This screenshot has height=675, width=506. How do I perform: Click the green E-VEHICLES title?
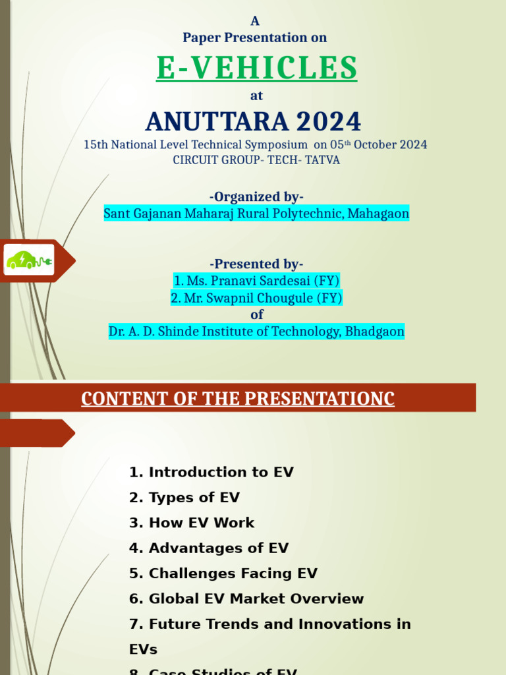click(256, 67)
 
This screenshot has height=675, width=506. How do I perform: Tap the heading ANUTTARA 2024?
click(254, 121)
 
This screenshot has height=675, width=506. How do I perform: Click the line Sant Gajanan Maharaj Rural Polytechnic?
click(256, 214)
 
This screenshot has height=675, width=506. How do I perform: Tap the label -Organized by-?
click(256, 196)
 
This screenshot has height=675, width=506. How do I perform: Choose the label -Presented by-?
click(256, 264)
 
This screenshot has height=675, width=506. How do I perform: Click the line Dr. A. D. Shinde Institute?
click(256, 332)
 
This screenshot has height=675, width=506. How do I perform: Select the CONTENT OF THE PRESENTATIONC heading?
click(238, 399)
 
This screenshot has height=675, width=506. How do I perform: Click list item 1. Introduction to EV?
click(211, 472)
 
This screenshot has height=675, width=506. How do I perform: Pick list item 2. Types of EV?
click(184, 498)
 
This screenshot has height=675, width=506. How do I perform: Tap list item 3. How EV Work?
click(192, 523)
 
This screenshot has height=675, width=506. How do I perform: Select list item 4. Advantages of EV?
click(209, 548)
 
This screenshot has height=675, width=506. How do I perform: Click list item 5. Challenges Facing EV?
click(223, 573)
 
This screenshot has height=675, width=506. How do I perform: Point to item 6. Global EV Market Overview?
click(246, 599)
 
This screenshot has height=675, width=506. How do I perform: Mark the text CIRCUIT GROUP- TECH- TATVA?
click(256, 160)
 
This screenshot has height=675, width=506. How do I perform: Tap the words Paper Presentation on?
click(255, 38)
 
